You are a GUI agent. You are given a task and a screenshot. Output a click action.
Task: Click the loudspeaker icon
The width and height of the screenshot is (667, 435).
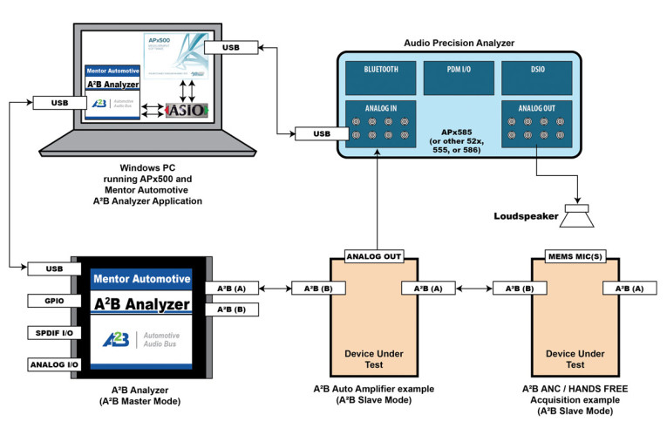pyautogui.click(x=577, y=214)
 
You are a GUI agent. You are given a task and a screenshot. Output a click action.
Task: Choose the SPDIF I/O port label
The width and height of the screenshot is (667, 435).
pyautogui.click(x=49, y=332)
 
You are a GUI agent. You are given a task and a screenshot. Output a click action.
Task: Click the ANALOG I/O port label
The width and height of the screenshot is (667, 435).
pyautogui.click(x=49, y=364)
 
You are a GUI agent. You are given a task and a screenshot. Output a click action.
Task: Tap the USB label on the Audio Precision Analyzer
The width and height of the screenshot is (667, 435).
pyautogui.click(x=320, y=133)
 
